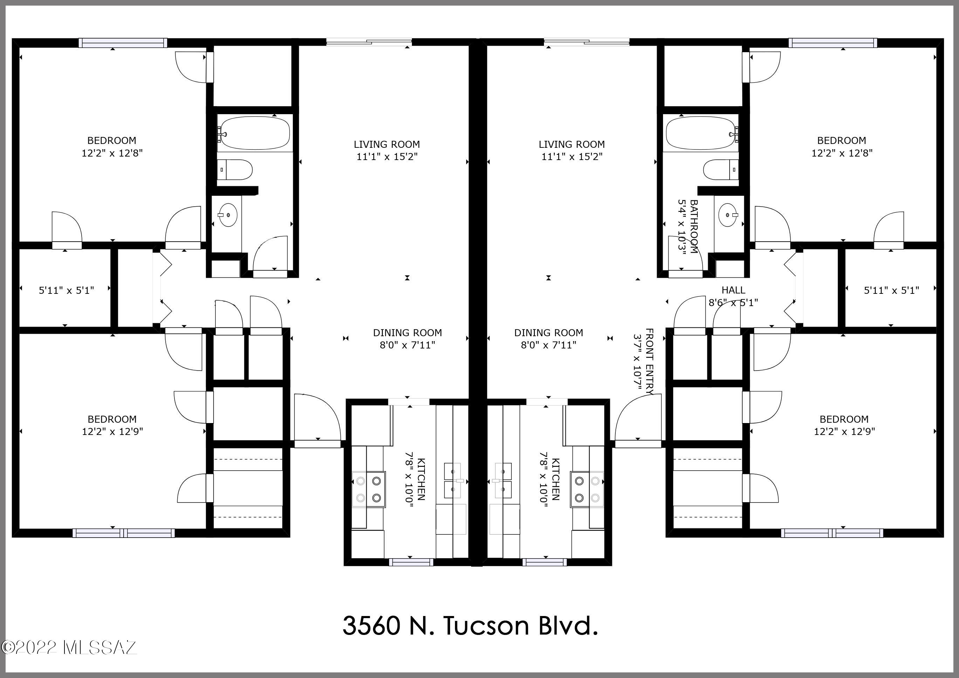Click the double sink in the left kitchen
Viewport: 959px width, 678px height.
[453, 480]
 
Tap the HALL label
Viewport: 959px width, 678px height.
[733, 290]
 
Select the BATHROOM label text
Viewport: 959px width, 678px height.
[694, 227]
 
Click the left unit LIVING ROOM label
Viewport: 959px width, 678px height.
[387, 145]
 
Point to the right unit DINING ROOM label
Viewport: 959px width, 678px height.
[549, 333]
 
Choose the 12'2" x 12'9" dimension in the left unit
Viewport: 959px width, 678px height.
[112, 431]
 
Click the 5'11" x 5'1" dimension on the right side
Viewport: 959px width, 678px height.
[891, 290]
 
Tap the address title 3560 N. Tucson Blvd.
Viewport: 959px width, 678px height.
[470, 626]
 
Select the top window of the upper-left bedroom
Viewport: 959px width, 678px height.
[123, 43]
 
